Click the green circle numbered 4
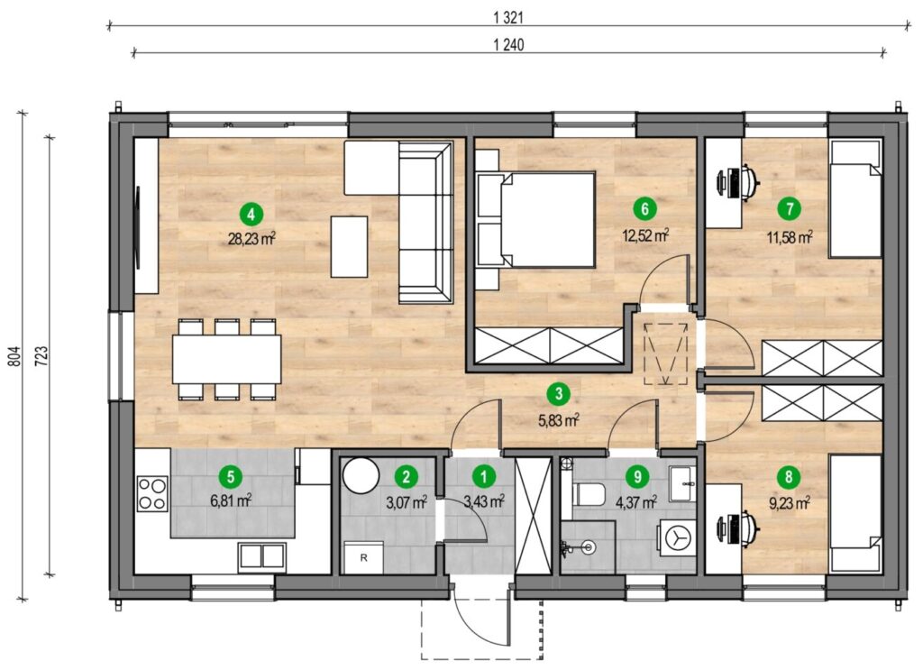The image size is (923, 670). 251,214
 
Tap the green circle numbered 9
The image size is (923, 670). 637,476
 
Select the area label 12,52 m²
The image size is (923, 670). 645,235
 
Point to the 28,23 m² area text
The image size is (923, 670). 251,238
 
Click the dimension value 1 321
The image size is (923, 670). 508,18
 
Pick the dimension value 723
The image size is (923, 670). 41,356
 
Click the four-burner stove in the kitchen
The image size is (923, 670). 151,493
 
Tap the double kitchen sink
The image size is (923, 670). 262,556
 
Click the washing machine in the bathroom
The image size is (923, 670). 678,538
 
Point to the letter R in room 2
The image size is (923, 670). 364,557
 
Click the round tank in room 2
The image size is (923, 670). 361,476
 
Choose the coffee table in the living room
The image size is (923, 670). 349,247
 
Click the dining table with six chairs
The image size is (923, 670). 226,359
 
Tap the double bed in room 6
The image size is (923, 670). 535,220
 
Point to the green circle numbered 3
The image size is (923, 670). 558,394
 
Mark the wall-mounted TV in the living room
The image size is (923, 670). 139,227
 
